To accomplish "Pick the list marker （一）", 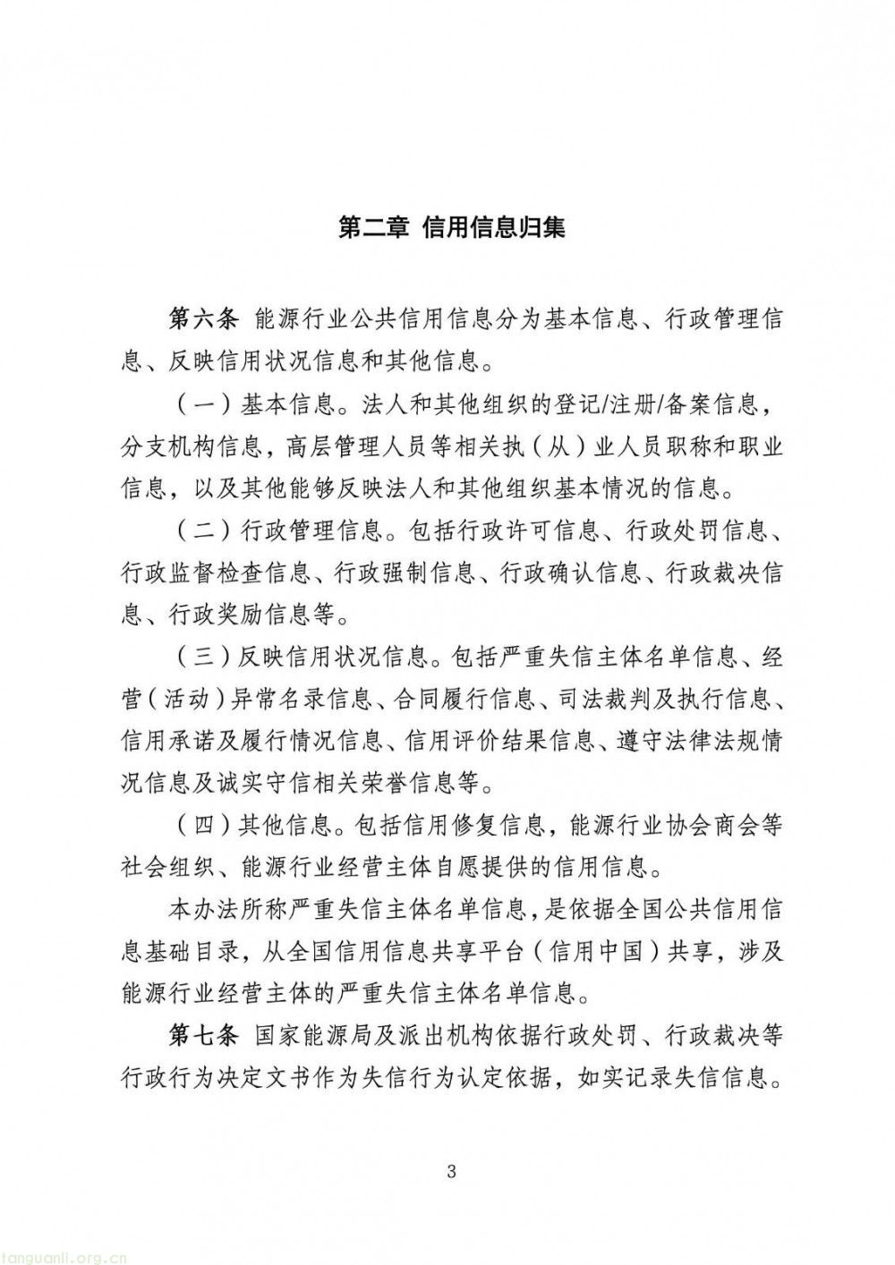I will click(x=202, y=404).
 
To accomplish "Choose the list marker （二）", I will click(x=202, y=531).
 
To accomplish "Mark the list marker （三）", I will click(x=202, y=658).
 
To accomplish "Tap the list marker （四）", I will click(x=202, y=825).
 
